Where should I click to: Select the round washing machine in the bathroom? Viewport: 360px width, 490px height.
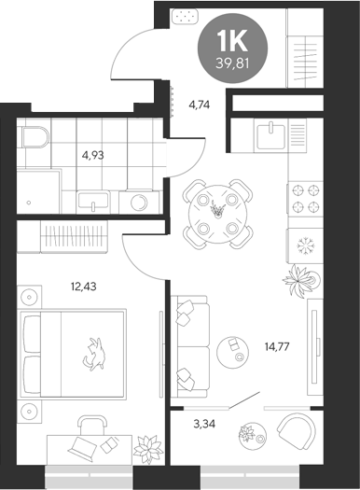140,201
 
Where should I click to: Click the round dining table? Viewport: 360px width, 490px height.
216,212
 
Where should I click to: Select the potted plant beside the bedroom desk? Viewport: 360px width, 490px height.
147,449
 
